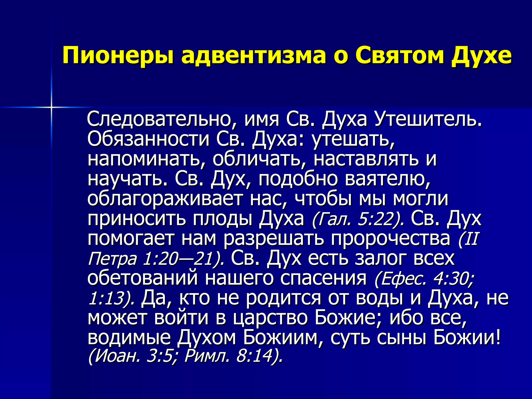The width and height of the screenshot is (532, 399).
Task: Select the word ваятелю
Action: coord(387,179)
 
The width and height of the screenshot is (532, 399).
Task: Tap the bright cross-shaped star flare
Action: coord(51,107)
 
